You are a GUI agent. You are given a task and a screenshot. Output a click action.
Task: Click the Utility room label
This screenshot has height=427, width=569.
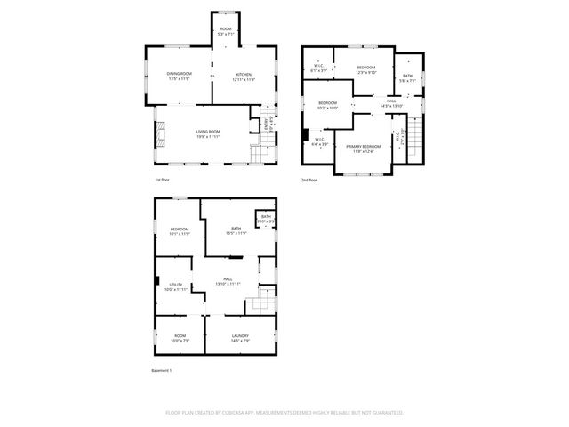(175, 286)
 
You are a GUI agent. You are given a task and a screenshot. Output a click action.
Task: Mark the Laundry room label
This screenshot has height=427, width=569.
(240, 337)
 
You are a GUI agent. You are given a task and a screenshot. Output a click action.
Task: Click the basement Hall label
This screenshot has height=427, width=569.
(228, 282)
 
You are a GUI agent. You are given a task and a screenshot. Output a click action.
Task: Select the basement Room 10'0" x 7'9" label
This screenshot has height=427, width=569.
(180, 337)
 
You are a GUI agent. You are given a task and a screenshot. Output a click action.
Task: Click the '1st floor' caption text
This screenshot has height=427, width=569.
(164, 181)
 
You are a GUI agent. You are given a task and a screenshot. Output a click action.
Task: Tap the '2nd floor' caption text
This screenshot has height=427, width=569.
(309, 181)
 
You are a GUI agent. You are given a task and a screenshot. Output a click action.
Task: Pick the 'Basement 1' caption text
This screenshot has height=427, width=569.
(162, 370)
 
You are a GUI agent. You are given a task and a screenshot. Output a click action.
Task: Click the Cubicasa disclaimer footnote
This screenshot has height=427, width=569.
(284, 413)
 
